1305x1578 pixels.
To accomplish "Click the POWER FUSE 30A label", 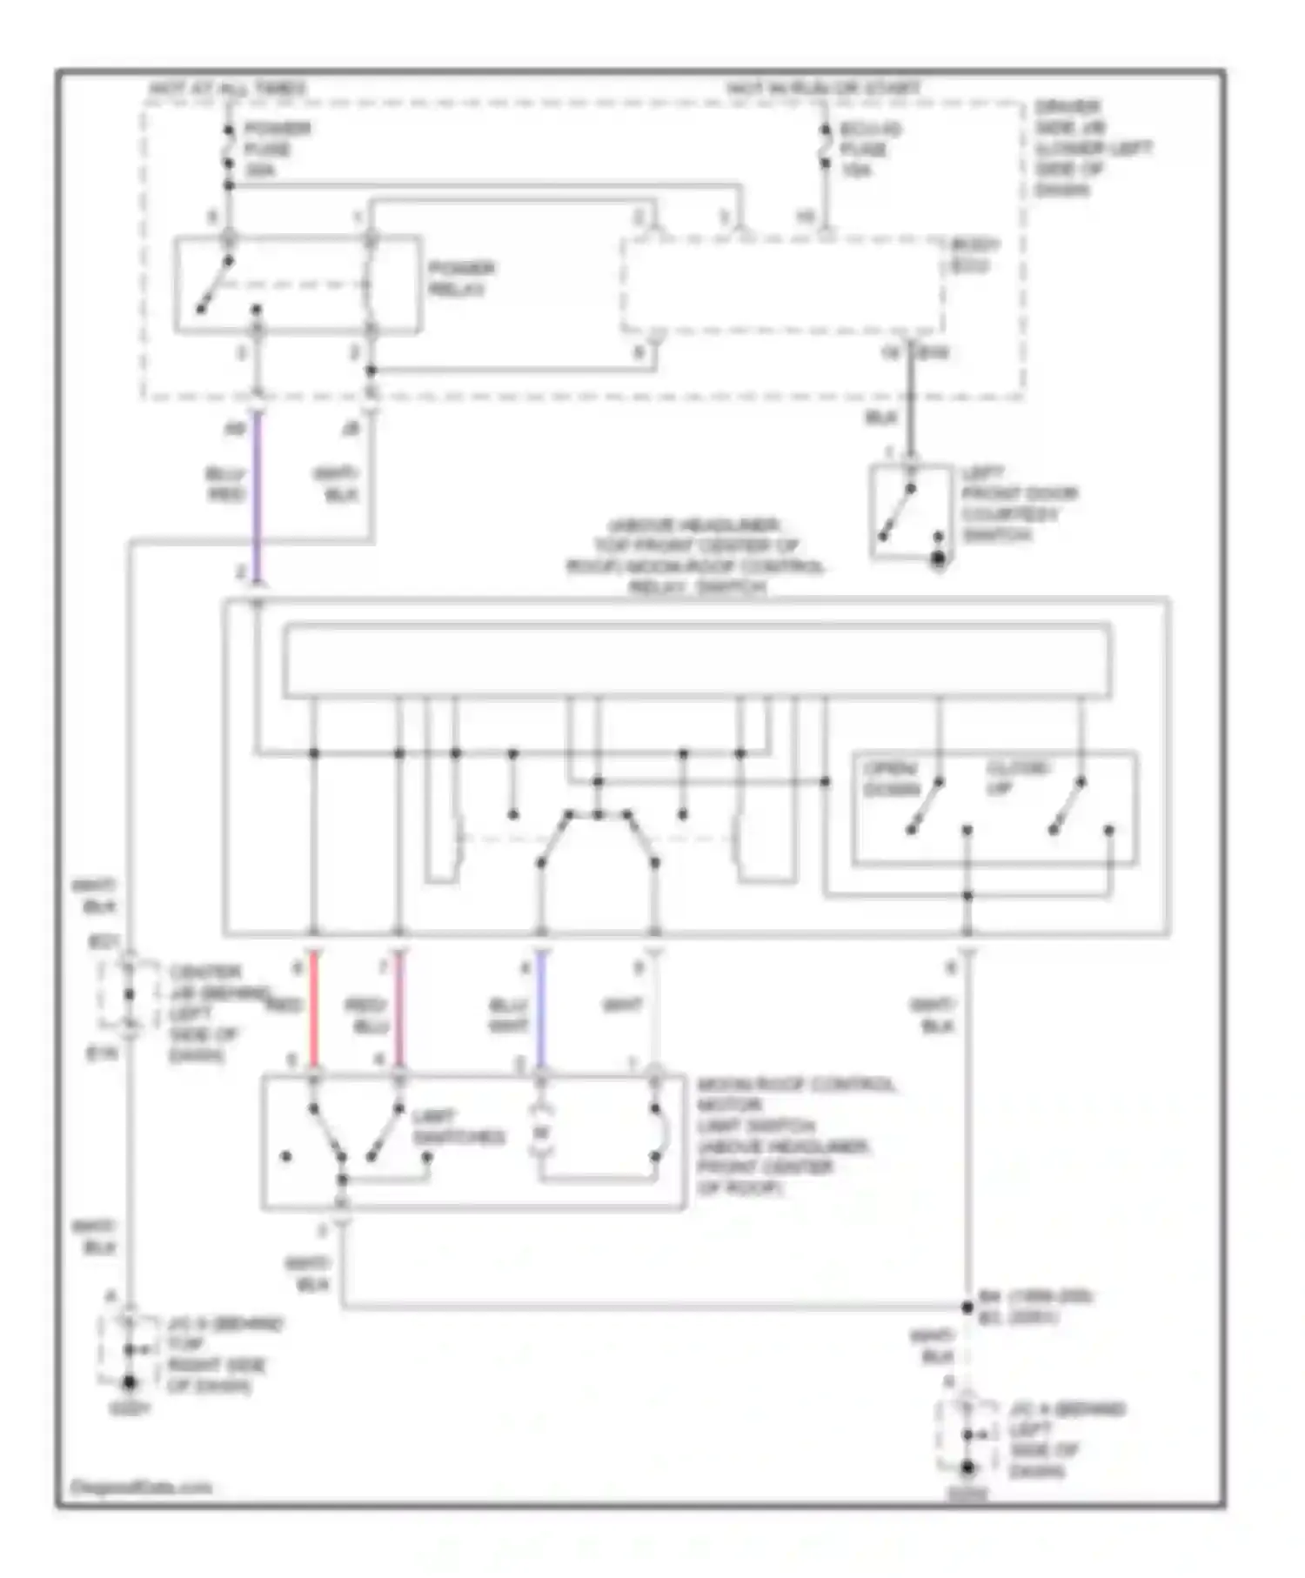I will tap(276, 150).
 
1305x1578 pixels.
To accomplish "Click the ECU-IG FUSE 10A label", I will tap(869, 150).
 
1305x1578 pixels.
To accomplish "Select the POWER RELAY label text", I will tap(461, 278).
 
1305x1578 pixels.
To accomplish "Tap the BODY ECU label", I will tap(974, 254).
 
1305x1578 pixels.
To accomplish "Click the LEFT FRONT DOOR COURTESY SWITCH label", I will tap(1017, 504).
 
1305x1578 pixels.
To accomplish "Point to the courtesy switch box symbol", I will tap(910, 512).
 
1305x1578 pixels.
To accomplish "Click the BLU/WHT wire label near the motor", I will tap(509, 1015).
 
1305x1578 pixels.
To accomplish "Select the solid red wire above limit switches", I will tap(315, 1009).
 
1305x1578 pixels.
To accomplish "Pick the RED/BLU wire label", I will tap(367, 1015).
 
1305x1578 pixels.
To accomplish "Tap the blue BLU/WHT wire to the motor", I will tap(541, 1009).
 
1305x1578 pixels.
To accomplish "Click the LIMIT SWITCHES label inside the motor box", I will tap(457, 1127).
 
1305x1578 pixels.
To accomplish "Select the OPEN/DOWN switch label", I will tap(891, 779).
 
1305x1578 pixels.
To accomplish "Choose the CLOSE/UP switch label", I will tap(1018, 777).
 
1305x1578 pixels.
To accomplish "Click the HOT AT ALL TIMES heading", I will tap(228, 89).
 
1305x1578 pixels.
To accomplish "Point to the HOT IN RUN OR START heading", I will tap(823, 89).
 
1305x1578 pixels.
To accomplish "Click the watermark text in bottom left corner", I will tap(140, 1487).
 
